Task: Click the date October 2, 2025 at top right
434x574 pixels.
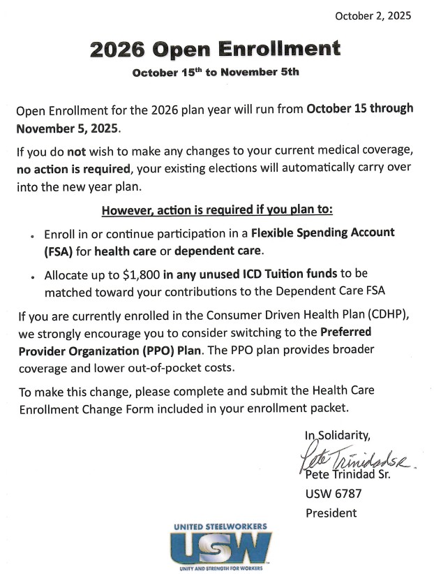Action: pos(373,15)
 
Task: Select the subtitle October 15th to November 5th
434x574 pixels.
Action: pos(216,73)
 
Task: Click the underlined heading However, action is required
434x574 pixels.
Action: pos(218,210)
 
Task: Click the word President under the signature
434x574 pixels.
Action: pos(331,513)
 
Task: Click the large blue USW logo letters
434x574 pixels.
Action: pos(220,546)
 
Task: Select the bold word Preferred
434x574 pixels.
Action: pos(346,333)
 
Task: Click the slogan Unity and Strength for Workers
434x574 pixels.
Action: pos(220,567)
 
